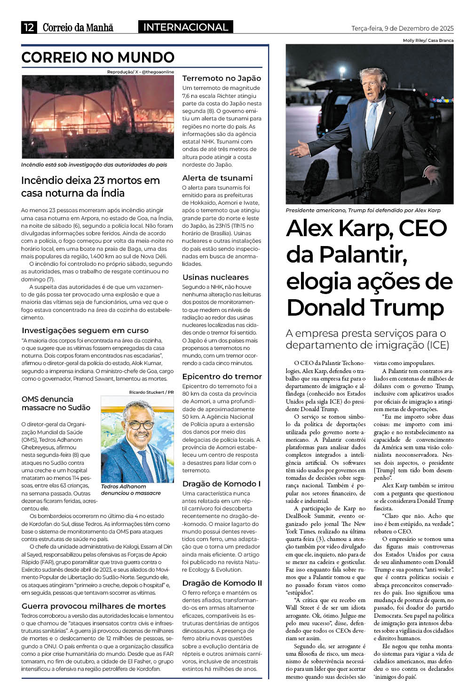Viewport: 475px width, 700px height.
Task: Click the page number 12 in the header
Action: pyautogui.click(x=29, y=27)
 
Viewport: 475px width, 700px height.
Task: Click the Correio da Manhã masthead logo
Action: pyautogui.click(x=78, y=28)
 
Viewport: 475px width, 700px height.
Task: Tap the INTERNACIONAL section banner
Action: pyautogui.click(x=185, y=27)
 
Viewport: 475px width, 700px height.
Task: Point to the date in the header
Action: pyautogui.click(x=403, y=28)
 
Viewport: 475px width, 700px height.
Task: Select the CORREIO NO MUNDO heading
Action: pyautogui.click(x=98, y=57)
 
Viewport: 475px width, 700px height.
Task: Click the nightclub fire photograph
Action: pyautogui.click(x=98, y=117)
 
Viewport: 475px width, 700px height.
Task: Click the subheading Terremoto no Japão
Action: pyautogui.click(x=222, y=78)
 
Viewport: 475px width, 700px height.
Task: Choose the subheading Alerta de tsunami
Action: pyautogui.click(x=217, y=178)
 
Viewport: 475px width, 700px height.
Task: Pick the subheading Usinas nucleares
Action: pyautogui.click(x=215, y=277)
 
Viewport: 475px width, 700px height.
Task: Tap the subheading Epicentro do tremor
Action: pyautogui.click(x=222, y=376)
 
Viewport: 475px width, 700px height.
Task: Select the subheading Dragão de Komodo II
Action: pyautogui.click(x=222, y=583)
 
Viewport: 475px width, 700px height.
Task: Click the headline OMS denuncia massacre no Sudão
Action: pyautogui.click(x=56, y=403)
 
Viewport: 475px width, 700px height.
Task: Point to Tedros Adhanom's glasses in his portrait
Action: pyautogui.click(x=141, y=424)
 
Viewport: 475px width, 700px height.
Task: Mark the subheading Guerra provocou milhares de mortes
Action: pyautogui.click(x=94, y=606)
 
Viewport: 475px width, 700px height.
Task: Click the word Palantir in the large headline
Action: pyautogui.click(x=346, y=255)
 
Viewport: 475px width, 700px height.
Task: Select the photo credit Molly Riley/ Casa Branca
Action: pyautogui.click(x=428, y=40)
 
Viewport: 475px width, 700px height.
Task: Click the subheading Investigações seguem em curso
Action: pyautogui.click(x=85, y=330)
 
